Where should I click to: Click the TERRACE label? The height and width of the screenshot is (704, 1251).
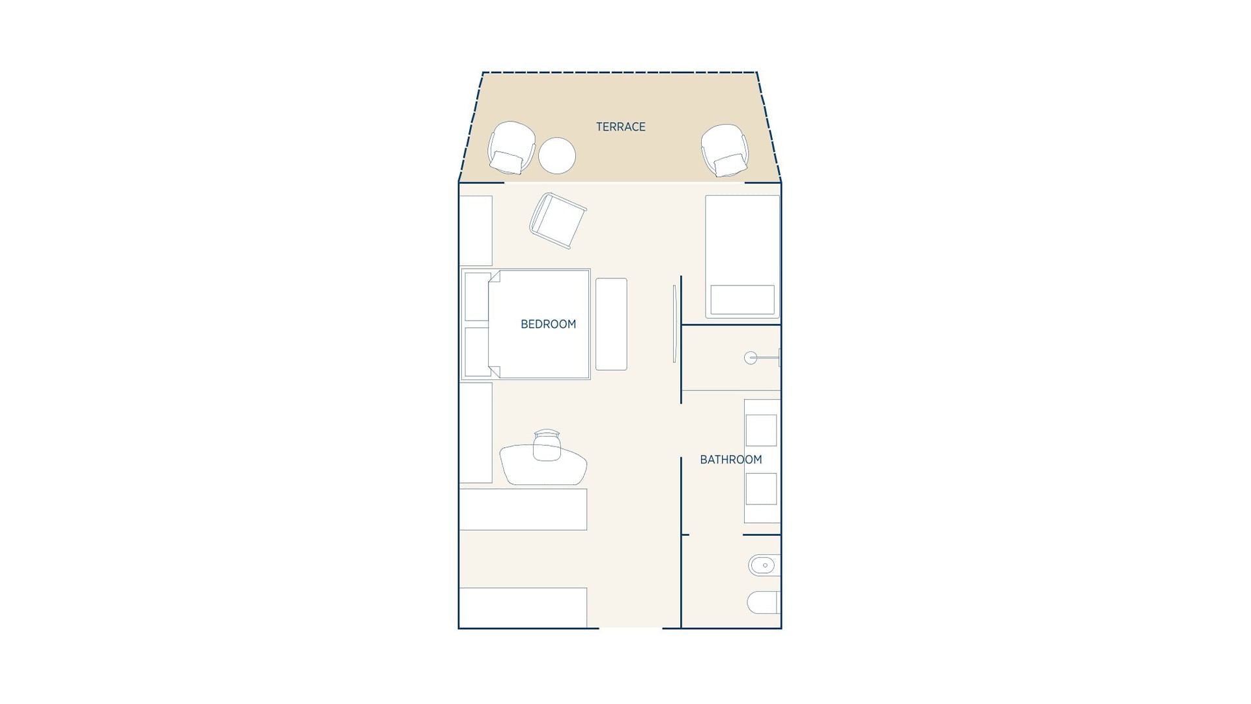pos(620,126)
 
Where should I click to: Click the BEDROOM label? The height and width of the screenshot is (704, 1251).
pos(548,324)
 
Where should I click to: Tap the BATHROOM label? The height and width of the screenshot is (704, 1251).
pos(730,460)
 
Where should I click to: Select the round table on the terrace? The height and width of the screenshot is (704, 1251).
pos(557,155)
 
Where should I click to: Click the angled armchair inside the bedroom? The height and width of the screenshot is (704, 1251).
pos(558,220)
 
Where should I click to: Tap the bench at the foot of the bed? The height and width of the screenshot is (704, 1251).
pos(611,324)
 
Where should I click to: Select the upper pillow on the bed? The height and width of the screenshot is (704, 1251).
pos(477,297)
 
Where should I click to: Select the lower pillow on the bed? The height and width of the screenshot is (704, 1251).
pos(477,351)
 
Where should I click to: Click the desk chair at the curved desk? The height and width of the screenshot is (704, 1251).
pos(547,445)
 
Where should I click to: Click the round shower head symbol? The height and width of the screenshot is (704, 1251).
pos(751,357)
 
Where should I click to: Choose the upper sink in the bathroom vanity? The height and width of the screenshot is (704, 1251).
pos(761,430)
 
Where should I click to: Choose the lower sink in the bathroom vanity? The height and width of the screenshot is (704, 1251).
pos(761,489)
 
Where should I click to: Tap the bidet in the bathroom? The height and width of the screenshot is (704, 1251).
pos(762,565)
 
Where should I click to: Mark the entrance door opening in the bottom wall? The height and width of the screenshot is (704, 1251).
pos(630,628)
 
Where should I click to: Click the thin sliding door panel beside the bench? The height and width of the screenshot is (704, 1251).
pos(674,324)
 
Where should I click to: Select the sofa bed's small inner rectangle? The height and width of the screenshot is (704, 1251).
pos(742,299)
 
